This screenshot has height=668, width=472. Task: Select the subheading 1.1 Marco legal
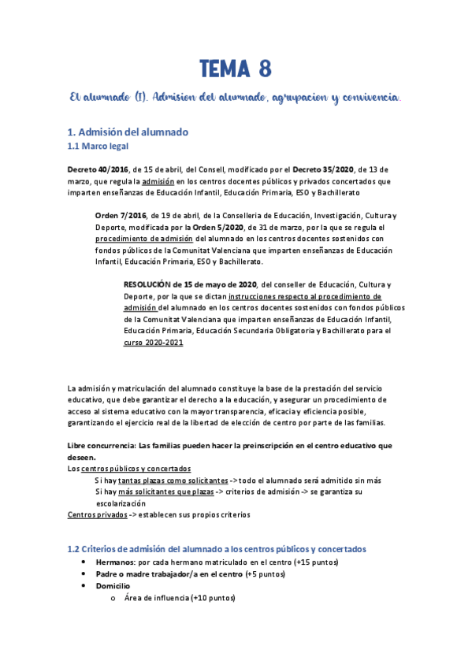click(x=98, y=147)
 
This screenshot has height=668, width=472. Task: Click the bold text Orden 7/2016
click(x=120, y=216)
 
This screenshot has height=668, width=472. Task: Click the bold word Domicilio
click(x=113, y=586)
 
